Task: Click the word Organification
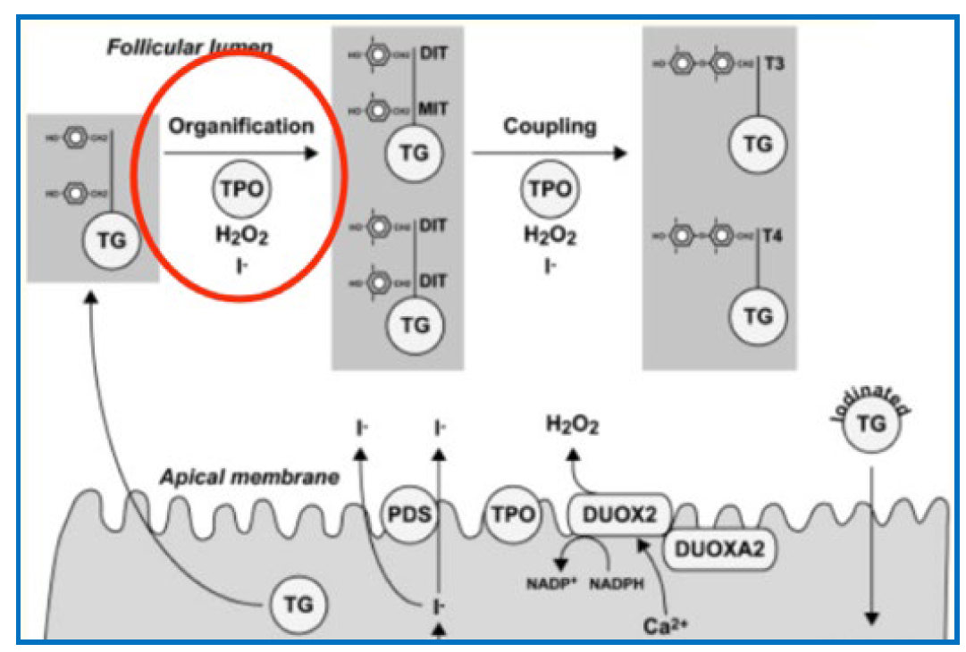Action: pyautogui.click(x=241, y=126)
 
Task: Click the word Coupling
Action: pyautogui.click(x=550, y=126)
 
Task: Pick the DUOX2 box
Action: pyautogui.click(x=619, y=515)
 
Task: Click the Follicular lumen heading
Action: pyautogui.click(x=190, y=45)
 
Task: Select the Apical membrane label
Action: pyautogui.click(x=249, y=477)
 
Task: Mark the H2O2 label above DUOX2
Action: pyautogui.click(x=573, y=426)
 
